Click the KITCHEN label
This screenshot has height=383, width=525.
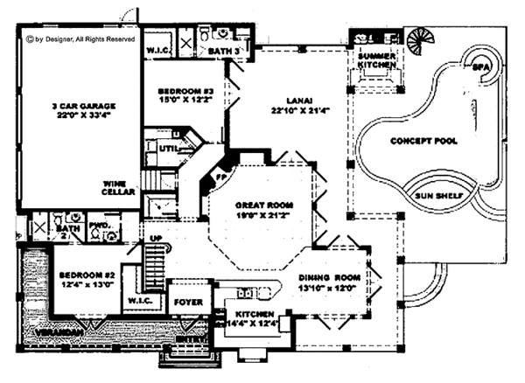pyautogui.click(x=253, y=319)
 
